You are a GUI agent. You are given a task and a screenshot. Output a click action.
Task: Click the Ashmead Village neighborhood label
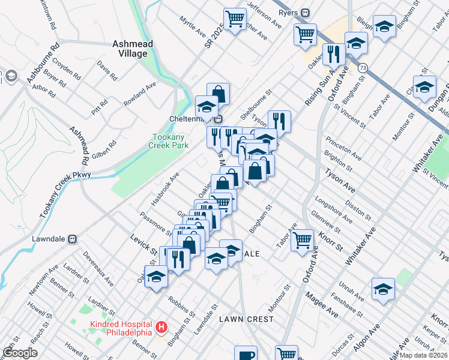pos(133,49)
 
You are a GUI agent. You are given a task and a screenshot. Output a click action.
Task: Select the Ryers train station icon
pos(306,13)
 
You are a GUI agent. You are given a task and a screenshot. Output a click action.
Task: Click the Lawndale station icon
pos(73,238)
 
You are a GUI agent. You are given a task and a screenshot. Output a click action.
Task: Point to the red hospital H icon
pos(161,328)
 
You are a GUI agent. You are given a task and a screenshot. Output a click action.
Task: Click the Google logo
pos(20,353)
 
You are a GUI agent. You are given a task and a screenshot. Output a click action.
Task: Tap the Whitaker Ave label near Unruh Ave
pos(358,246)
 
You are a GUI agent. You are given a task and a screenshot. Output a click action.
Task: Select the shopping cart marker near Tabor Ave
pos(303,240)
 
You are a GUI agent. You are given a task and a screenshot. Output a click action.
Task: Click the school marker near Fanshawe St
pos(382,289)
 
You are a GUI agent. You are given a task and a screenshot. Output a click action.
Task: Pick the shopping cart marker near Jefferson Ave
pos(234,18)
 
